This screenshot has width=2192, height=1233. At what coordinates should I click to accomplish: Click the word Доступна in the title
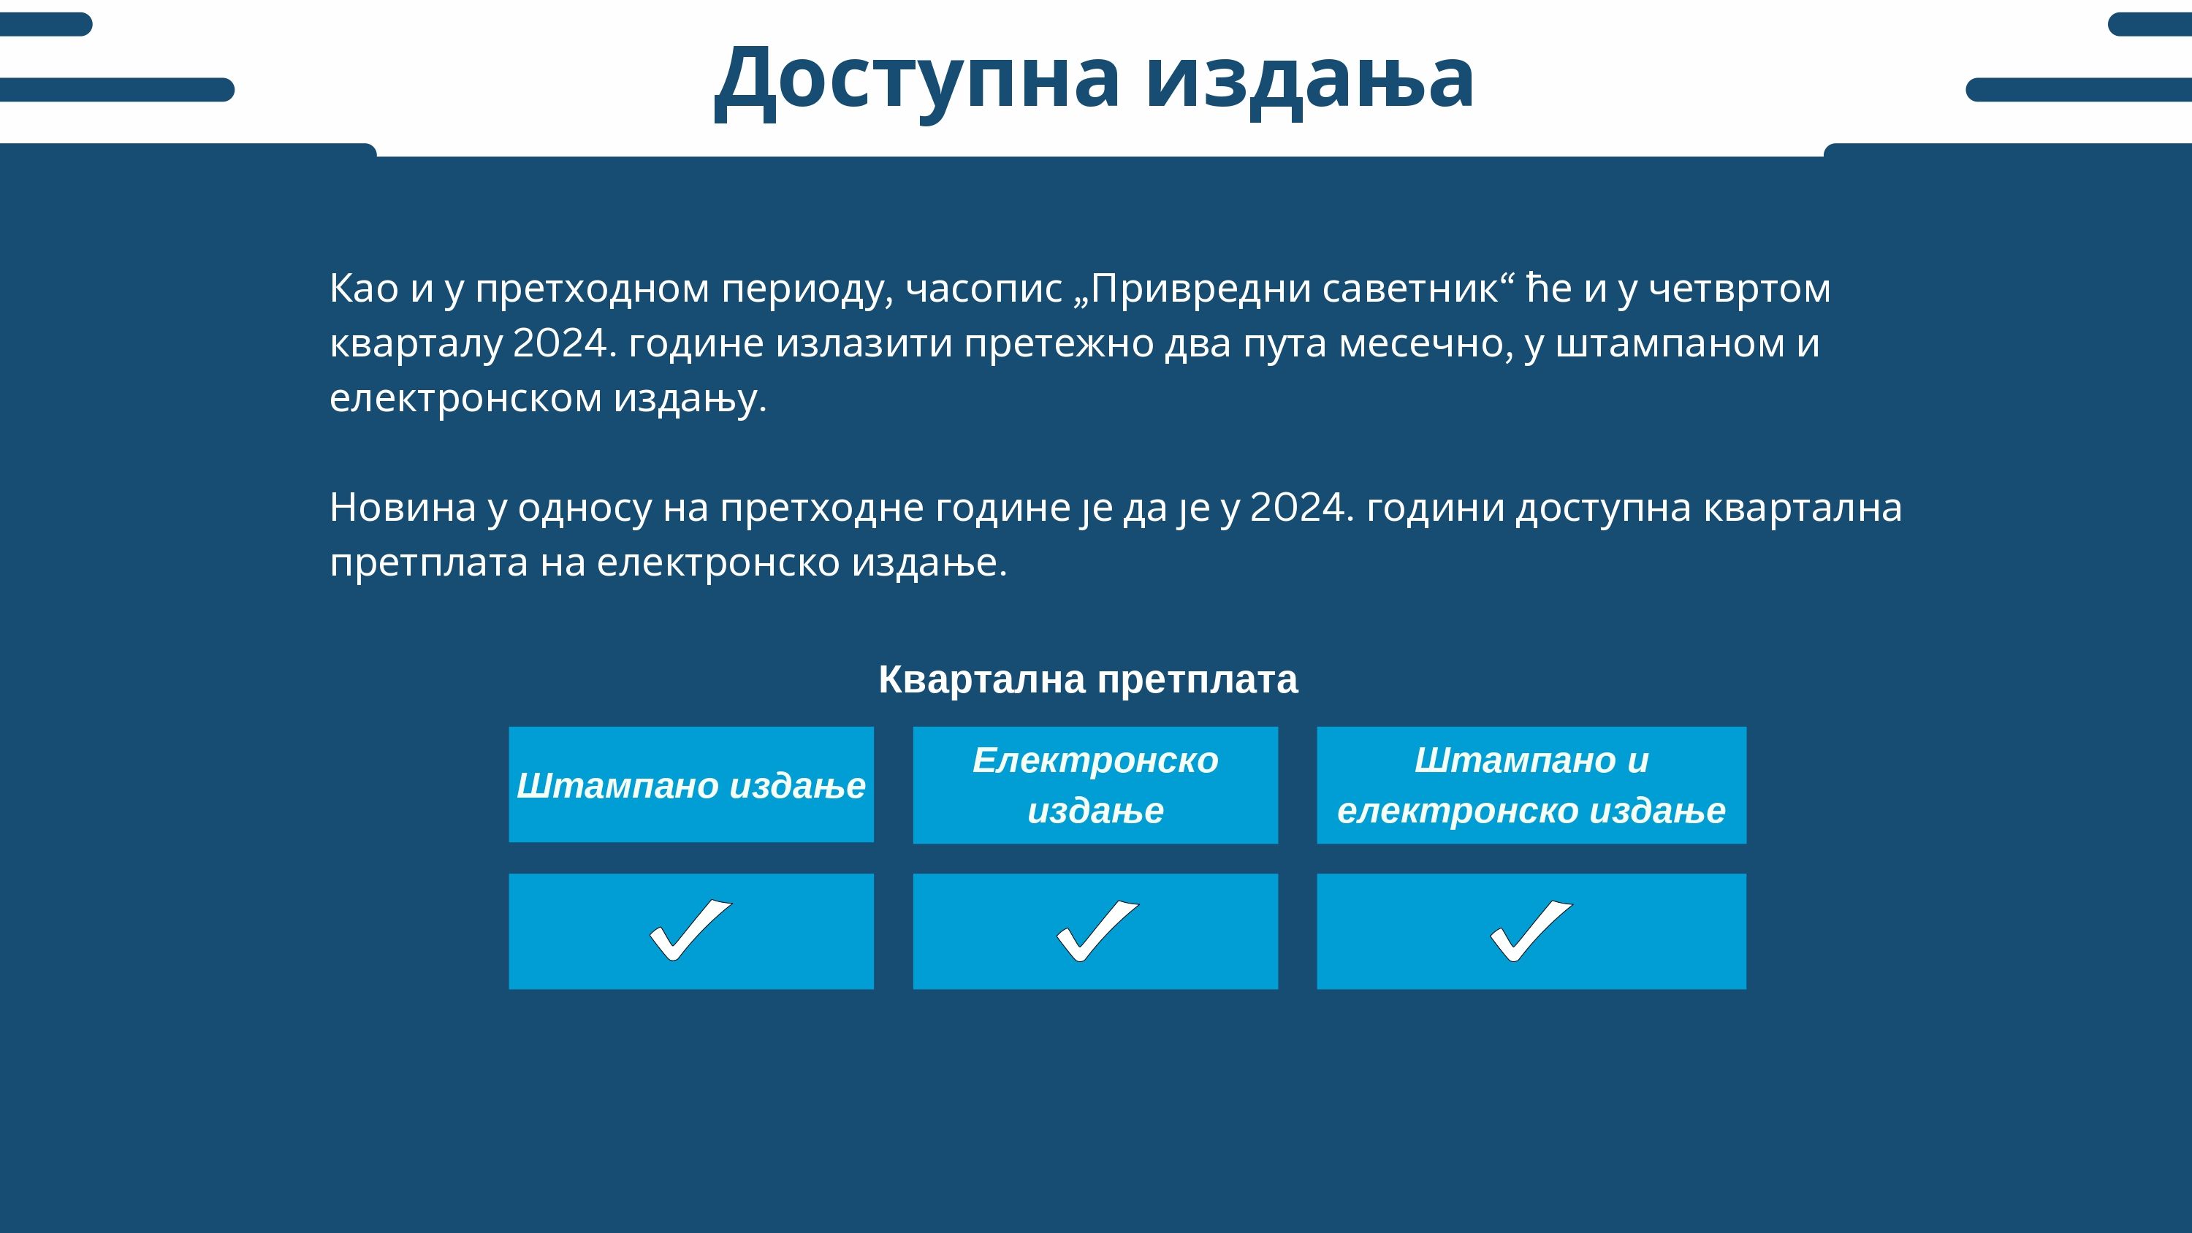pos(916,79)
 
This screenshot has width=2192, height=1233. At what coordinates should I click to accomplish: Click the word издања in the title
pos(1309,79)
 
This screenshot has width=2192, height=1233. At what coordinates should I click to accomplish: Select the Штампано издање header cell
pos(691,785)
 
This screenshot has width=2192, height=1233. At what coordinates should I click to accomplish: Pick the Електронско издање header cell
pos(1095,785)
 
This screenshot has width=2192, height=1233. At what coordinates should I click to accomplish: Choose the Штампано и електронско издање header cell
pos(1531,785)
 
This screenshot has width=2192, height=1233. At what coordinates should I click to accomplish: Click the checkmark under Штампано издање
pos(691,930)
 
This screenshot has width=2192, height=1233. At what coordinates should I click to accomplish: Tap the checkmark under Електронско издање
pos(1097,931)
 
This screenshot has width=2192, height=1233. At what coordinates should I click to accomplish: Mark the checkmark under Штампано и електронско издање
pos(1531,931)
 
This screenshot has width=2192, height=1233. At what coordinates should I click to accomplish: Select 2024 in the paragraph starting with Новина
pos(1298,508)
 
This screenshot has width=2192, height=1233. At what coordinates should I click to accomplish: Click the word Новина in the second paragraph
pos(403,508)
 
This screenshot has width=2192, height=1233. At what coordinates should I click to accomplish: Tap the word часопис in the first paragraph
pos(984,289)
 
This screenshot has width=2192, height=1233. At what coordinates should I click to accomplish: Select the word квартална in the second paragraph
pos(1803,508)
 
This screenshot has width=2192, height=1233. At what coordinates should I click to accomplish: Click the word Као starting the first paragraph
pos(364,289)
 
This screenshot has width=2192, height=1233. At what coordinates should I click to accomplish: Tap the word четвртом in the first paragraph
pos(1740,289)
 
